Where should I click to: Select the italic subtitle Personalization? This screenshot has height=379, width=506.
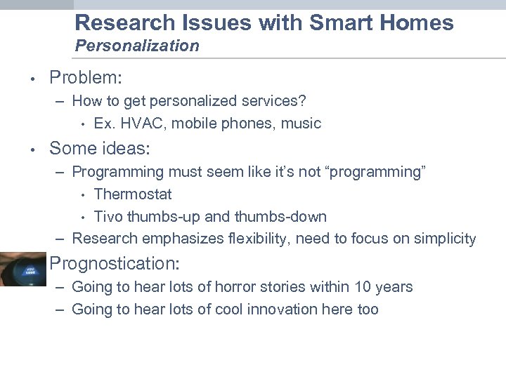click(137, 46)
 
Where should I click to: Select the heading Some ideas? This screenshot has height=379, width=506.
click(100, 148)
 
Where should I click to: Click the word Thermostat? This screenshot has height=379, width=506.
click(133, 194)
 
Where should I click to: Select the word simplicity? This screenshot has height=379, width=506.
click(444, 239)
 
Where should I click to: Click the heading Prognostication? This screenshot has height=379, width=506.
click(115, 264)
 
